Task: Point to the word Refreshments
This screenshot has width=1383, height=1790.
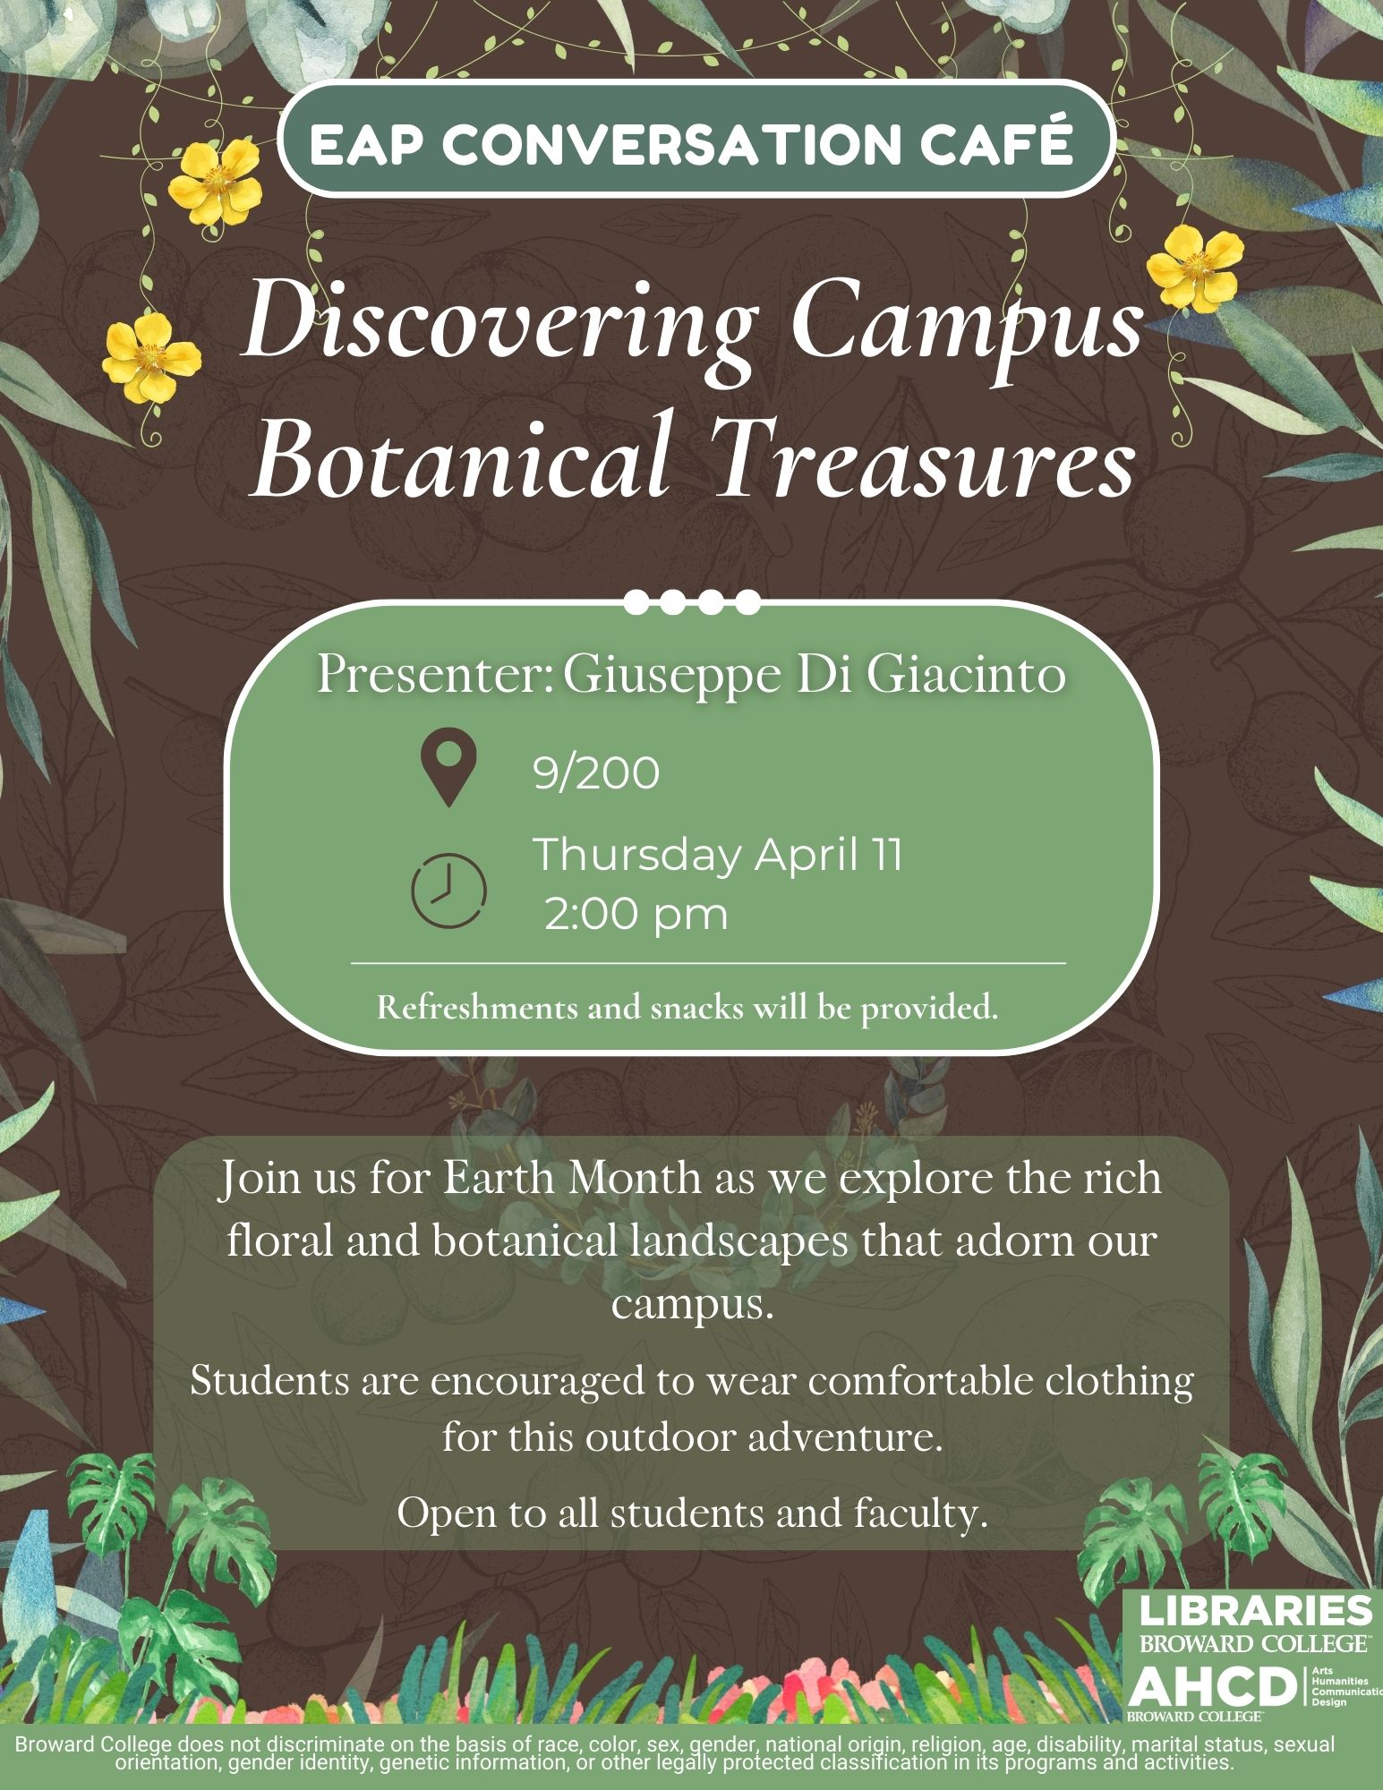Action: (x=477, y=1008)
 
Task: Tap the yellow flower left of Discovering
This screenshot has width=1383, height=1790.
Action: (x=151, y=357)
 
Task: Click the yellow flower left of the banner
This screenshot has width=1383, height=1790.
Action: (x=215, y=187)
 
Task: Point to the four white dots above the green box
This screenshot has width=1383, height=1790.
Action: (x=692, y=601)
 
